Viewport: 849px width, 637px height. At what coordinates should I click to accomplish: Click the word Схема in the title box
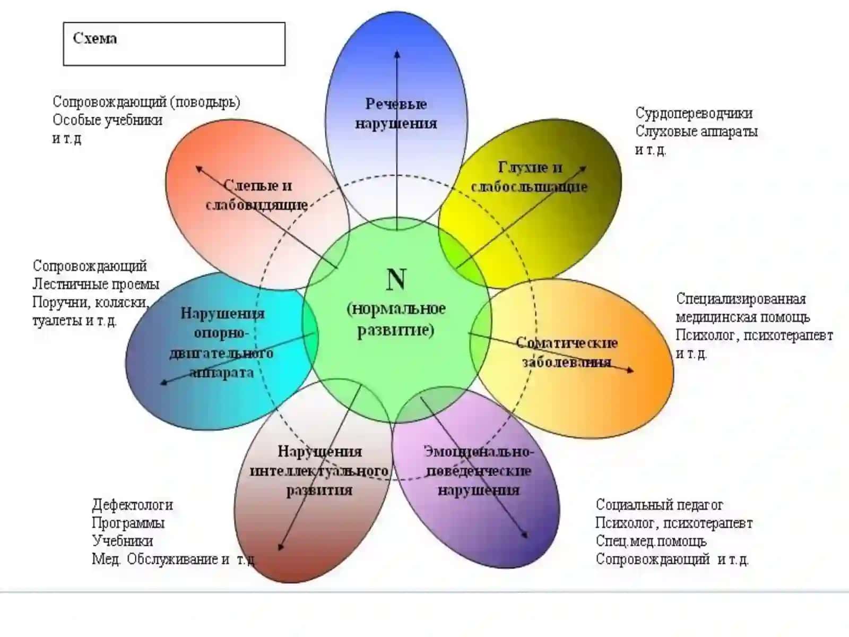click(95, 38)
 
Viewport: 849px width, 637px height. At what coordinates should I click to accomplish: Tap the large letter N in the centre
click(396, 279)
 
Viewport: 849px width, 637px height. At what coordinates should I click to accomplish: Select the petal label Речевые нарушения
click(396, 114)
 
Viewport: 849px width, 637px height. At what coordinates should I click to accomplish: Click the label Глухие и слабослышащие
click(529, 177)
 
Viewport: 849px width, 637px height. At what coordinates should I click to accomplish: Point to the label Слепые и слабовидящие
click(257, 195)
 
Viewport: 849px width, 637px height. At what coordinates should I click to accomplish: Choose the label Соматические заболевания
click(567, 352)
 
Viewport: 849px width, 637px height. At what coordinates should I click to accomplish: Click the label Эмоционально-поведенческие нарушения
click(479, 471)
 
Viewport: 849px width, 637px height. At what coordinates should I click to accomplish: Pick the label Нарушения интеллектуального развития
click(319, 471)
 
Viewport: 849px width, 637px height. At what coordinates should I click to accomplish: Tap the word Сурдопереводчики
click(694, 113)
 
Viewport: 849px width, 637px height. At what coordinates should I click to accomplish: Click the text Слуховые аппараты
click(696, 132)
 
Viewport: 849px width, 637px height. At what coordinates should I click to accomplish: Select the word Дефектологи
click(132, 505)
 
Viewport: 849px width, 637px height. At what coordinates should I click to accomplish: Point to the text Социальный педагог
click(659, 505)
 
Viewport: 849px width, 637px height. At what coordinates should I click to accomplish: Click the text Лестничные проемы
click(96, 285)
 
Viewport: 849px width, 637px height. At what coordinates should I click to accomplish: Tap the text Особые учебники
click(108, 120)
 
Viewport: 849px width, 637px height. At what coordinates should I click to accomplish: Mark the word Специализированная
click(741, 299)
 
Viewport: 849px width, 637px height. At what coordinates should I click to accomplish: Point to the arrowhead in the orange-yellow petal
click(630, 371)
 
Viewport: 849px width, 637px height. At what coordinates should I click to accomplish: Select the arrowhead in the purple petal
click(524, 535)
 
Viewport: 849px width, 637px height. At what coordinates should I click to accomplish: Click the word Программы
click(128, 523)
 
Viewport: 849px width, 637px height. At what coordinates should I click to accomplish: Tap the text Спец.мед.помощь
click(651, 541)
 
